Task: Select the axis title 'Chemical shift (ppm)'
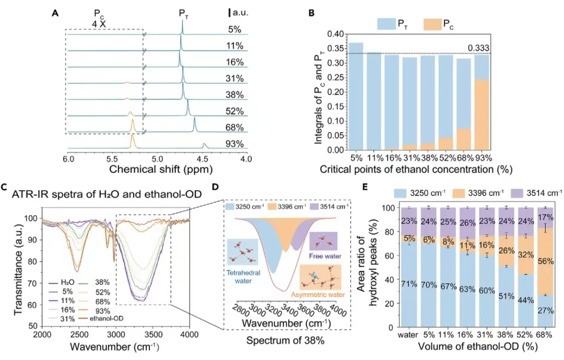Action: coord(157,170)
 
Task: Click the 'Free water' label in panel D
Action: coord(322,257)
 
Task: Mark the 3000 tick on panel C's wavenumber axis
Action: coord(116,335)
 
